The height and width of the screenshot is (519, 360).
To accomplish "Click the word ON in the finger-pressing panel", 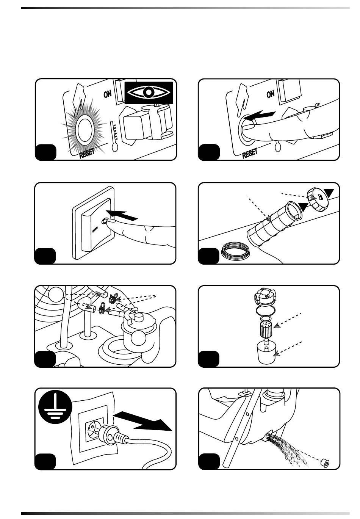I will pos(271,94).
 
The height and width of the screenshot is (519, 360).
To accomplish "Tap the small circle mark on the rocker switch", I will pos(104,220).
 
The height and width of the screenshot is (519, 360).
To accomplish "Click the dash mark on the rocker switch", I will pos(94,229).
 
